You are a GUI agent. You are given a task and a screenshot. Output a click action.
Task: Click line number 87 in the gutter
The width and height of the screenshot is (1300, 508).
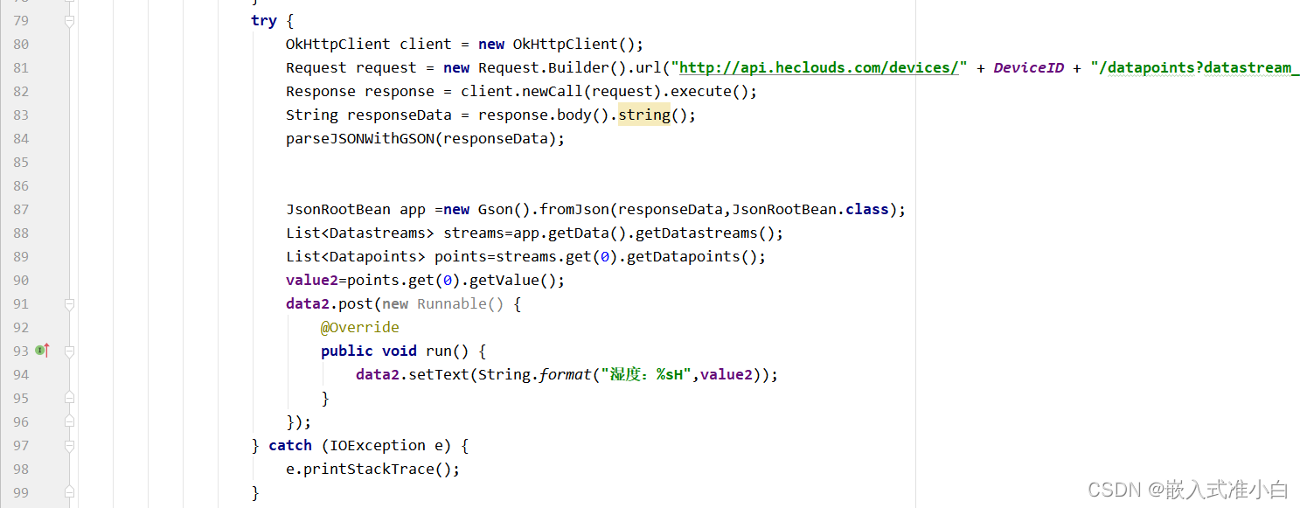20,210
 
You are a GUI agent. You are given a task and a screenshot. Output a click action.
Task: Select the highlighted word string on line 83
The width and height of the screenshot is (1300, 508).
643,115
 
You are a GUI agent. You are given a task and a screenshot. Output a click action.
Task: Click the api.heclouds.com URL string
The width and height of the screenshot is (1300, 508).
819,68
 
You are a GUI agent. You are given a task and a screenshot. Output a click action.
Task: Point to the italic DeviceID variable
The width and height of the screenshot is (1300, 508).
1028,68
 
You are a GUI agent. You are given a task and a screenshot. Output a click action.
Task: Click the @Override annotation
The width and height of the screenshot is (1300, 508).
359,327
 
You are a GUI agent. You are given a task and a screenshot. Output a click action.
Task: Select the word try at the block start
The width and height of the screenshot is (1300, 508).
263,21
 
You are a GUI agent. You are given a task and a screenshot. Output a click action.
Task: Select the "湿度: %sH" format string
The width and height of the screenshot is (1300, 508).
643,375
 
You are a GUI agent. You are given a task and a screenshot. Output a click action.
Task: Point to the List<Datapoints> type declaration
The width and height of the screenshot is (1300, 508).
355,257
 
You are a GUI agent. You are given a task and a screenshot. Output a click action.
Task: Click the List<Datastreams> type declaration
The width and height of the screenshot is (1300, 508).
359,233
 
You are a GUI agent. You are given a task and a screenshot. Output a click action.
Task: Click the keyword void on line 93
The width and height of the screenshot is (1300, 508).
399,351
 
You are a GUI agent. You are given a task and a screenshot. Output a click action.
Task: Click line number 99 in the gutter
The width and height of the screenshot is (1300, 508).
20,493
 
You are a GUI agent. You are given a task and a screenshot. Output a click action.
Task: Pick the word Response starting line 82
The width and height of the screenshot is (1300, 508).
320,92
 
